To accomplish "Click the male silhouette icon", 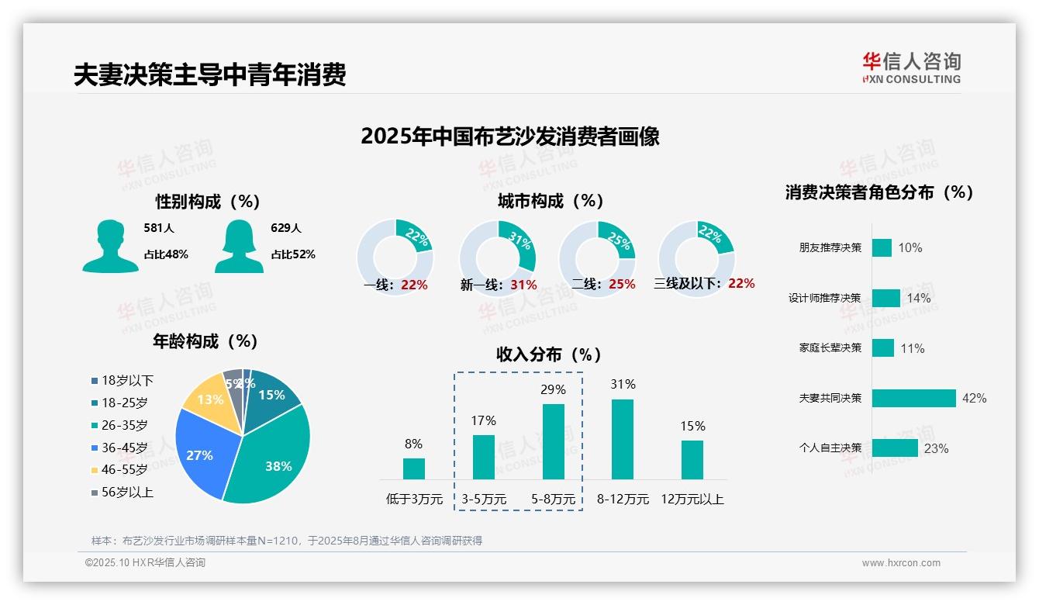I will [110, 246].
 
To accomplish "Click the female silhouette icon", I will [238, 246].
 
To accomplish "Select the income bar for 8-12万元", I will [623, 439].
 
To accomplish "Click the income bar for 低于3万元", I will [414, 468].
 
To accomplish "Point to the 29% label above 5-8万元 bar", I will [553, 389].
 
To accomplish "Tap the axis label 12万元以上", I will [692, 500].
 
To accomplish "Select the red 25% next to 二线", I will [622, 285].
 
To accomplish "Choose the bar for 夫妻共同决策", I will [913, 398].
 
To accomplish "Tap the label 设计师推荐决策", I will [824, 298].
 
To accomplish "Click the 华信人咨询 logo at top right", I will [911, 67].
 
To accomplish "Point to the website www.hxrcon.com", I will [901, 563].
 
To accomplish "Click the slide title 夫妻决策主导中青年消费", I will [209, 74].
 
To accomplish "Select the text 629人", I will [286, 228].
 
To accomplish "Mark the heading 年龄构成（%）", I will [205, 341].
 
